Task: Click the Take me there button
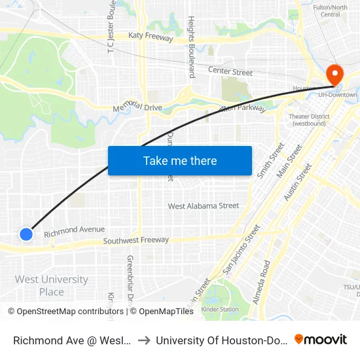click(180, 160)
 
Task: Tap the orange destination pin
click(334, 75)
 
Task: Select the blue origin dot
click(26, 234)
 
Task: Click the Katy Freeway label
click(151, 37)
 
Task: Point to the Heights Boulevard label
click(191, 47)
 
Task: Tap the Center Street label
click(230, 71)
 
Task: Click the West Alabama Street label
click(204, 206)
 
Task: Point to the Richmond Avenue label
click(74, 230)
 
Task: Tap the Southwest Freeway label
click(135, 241)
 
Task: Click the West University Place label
click(51, 285)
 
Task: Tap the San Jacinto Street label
click(242, 249)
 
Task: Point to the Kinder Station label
click(219, 309)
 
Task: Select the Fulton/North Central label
click(330, 10)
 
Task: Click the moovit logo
click(321, 339)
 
